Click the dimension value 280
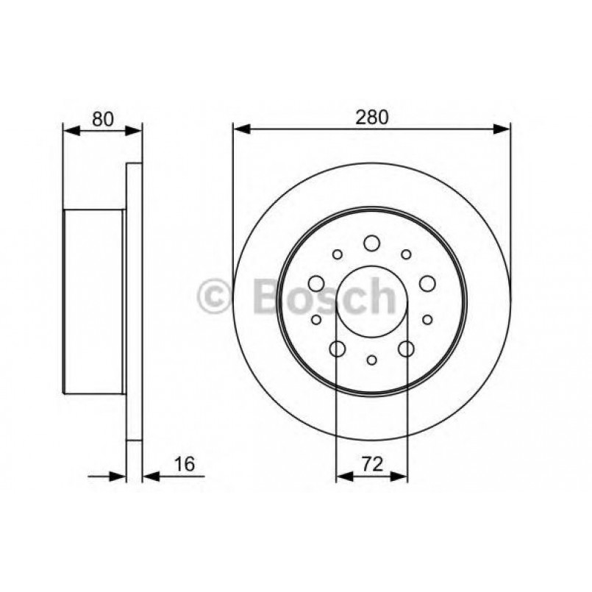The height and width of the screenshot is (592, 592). [372, 117]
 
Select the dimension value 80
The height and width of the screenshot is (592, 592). [103, 118]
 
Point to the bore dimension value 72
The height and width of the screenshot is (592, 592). [371, 464]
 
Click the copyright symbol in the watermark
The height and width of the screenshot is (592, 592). [215, 298]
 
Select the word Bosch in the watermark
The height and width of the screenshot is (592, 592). [324, 296]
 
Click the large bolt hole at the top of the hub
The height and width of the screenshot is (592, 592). [371, 243]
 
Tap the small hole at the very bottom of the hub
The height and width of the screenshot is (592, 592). [371, 360]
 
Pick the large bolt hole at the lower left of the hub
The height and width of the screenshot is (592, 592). [338, 349]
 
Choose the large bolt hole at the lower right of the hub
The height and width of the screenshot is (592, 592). [406, 349]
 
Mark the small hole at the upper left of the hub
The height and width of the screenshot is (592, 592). [338, 254]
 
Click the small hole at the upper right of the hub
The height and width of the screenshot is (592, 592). [405, 254]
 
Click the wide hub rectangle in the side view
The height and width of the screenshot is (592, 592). [93, 302]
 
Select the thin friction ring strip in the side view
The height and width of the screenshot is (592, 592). [134, 302]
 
